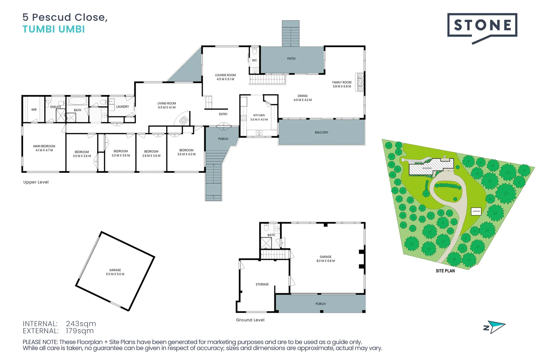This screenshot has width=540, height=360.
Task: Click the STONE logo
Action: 482,25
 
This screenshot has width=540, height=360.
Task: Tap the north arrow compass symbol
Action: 495,327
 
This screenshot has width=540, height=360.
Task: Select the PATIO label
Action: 291,59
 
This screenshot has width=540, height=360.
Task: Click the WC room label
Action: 254,61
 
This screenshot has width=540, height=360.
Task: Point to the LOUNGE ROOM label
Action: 225,75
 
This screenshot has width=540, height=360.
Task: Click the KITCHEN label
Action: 259,115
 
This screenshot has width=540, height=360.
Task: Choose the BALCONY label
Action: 322,133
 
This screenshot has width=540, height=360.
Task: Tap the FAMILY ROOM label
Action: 342,82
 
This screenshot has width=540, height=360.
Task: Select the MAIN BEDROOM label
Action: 44,146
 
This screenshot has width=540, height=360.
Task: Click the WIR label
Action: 34,110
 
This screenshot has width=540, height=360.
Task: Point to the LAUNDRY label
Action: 122,107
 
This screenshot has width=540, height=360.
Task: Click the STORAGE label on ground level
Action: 262,284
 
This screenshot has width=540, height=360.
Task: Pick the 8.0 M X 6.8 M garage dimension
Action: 326,261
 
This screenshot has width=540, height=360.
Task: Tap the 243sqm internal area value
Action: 81,324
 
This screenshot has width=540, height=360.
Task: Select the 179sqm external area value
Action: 80,331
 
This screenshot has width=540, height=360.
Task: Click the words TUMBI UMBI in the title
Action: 54,29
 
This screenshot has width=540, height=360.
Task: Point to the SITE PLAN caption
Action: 445,271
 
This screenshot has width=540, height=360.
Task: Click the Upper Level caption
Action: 36,182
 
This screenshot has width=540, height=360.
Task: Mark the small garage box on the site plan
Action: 476,211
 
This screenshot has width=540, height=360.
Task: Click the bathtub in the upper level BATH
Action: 78,101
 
